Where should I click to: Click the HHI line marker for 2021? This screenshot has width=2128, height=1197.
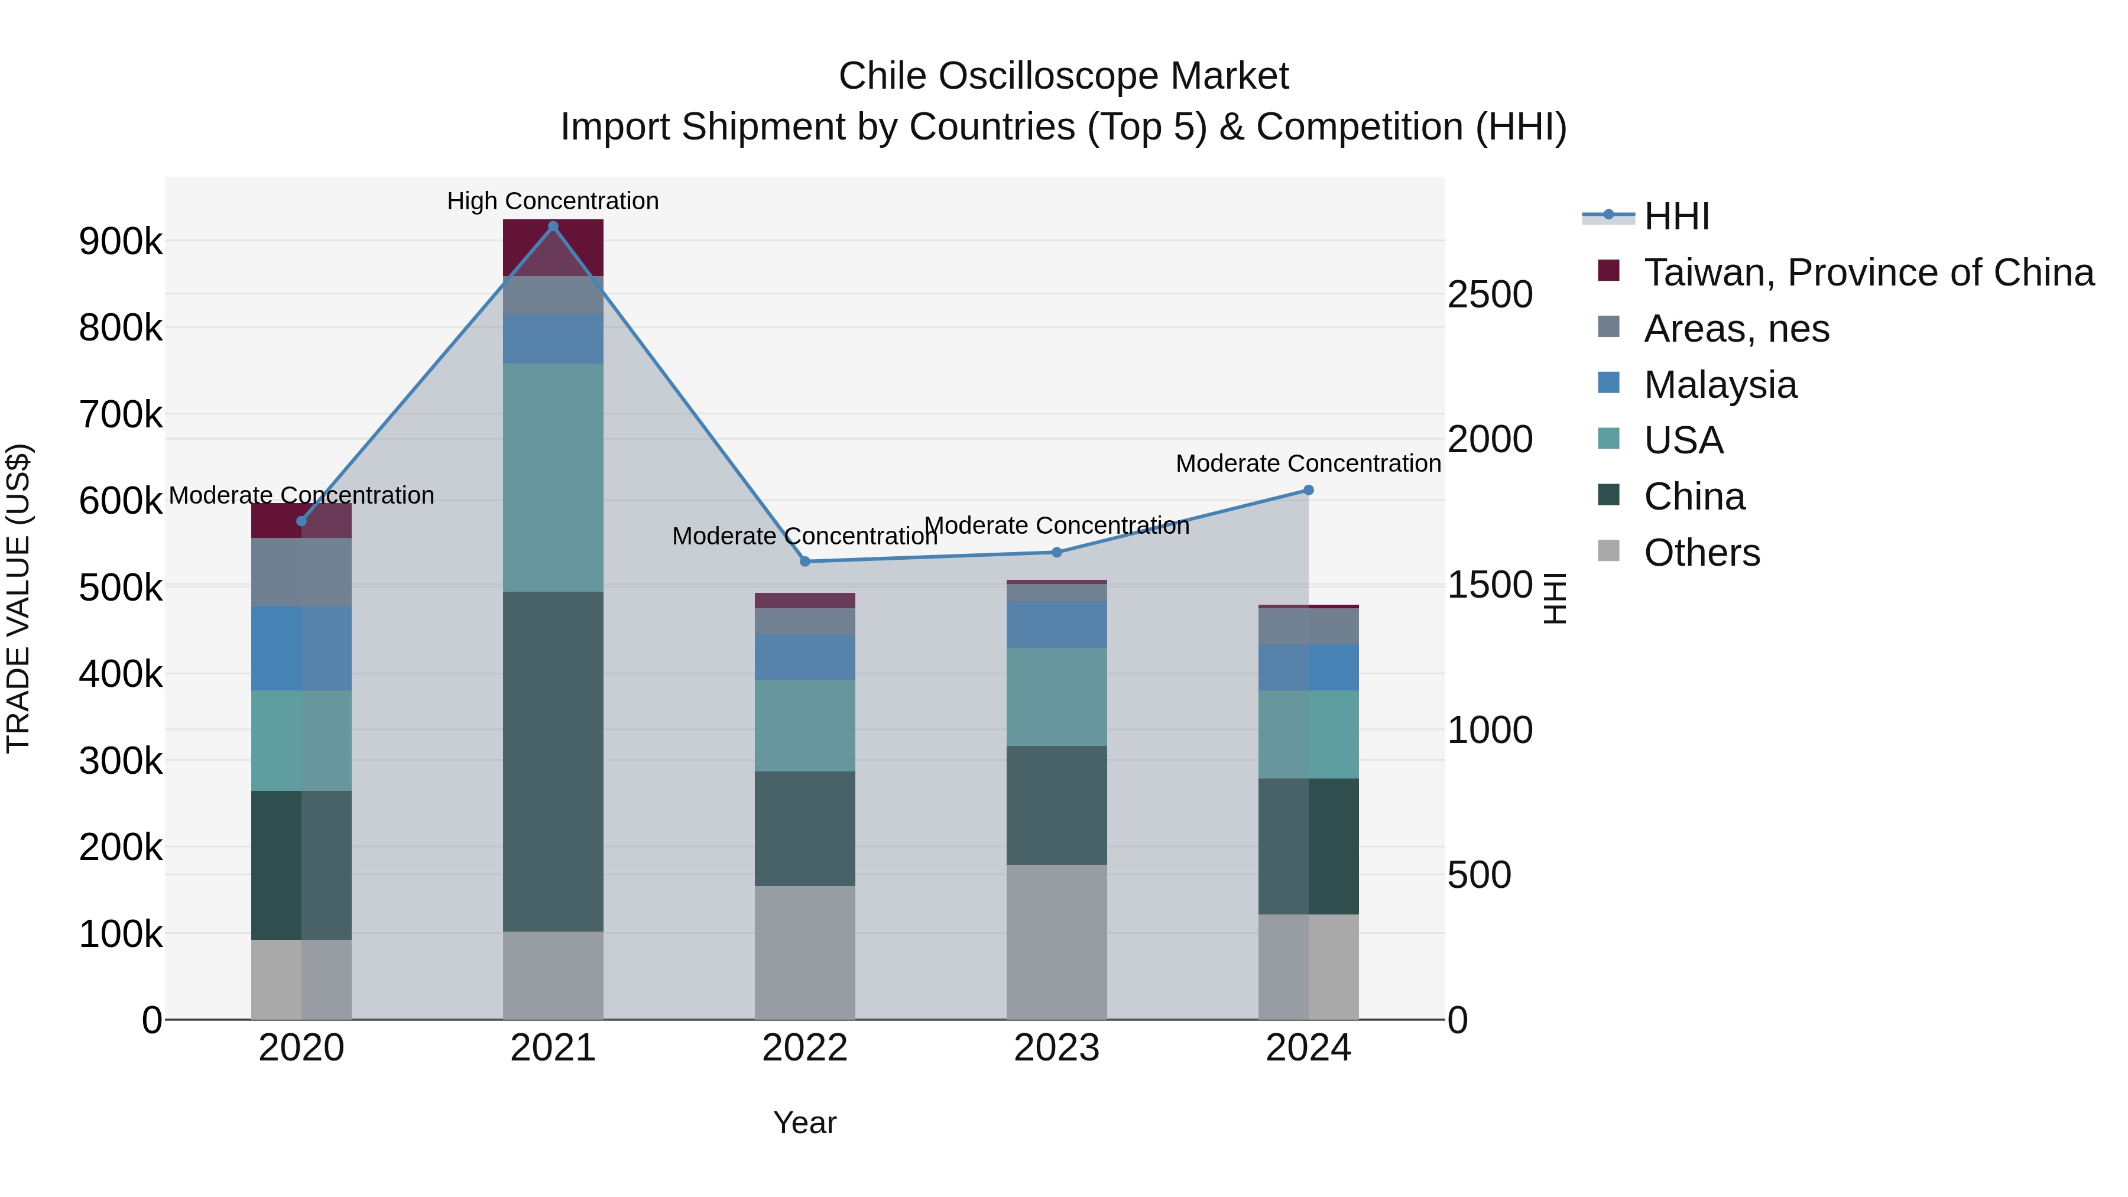[553, 226]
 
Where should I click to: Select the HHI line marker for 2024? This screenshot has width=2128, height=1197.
[1308, 490]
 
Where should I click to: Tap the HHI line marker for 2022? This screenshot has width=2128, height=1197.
[805, 562]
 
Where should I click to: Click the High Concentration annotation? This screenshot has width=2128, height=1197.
[553, 201]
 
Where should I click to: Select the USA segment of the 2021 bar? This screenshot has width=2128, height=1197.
[553, 478]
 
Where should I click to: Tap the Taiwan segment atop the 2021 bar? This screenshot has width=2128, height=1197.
[553, 247]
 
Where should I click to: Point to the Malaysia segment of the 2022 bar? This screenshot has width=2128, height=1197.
[805, 657]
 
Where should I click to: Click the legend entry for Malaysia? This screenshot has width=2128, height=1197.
[1720, 385]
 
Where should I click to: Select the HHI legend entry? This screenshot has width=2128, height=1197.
[1676, 216]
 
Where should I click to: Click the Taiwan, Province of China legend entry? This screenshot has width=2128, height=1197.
[1869, 273]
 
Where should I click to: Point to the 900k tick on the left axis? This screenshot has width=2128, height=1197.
[121, 241]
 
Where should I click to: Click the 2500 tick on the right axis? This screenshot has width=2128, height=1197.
[1490, 295]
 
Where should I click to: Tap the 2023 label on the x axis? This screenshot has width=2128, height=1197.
[1056, 1048]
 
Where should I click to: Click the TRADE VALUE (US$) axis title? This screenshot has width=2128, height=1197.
[18, 598]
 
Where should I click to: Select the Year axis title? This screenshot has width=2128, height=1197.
[805, 1123]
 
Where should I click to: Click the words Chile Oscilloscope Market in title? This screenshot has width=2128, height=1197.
[1063, 76]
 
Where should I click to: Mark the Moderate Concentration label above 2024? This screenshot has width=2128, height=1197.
[1308, 463]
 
